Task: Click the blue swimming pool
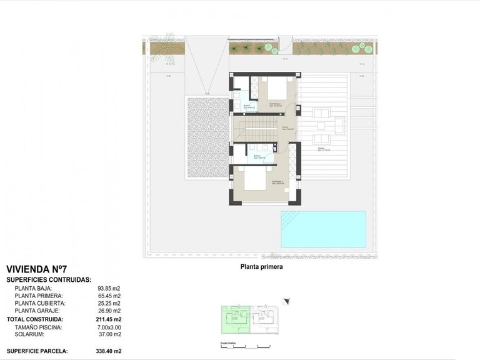[323, 228]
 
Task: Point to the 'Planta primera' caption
[262, 267]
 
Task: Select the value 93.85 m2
[109, 288]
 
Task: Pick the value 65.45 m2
[109, 296]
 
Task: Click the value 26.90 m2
[109, 311]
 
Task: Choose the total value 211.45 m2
[107, 319]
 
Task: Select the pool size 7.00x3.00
[109, 327]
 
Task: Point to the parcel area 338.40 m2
[107, 351]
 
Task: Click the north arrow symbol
[287, 302]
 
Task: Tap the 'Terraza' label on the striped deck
[319, 149]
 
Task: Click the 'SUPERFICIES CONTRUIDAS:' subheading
[49, 279]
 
